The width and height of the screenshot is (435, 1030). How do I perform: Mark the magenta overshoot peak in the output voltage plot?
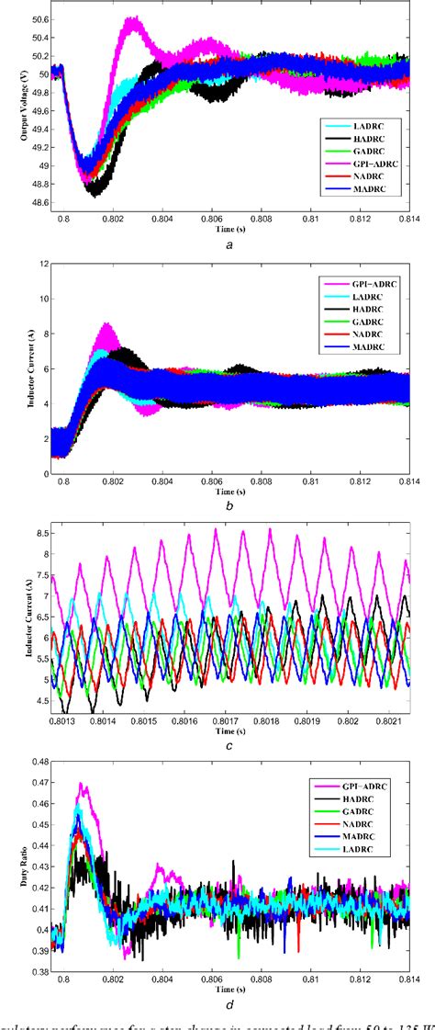tap(135, 19)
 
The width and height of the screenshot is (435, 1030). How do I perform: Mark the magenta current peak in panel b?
tap(109, 324)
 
